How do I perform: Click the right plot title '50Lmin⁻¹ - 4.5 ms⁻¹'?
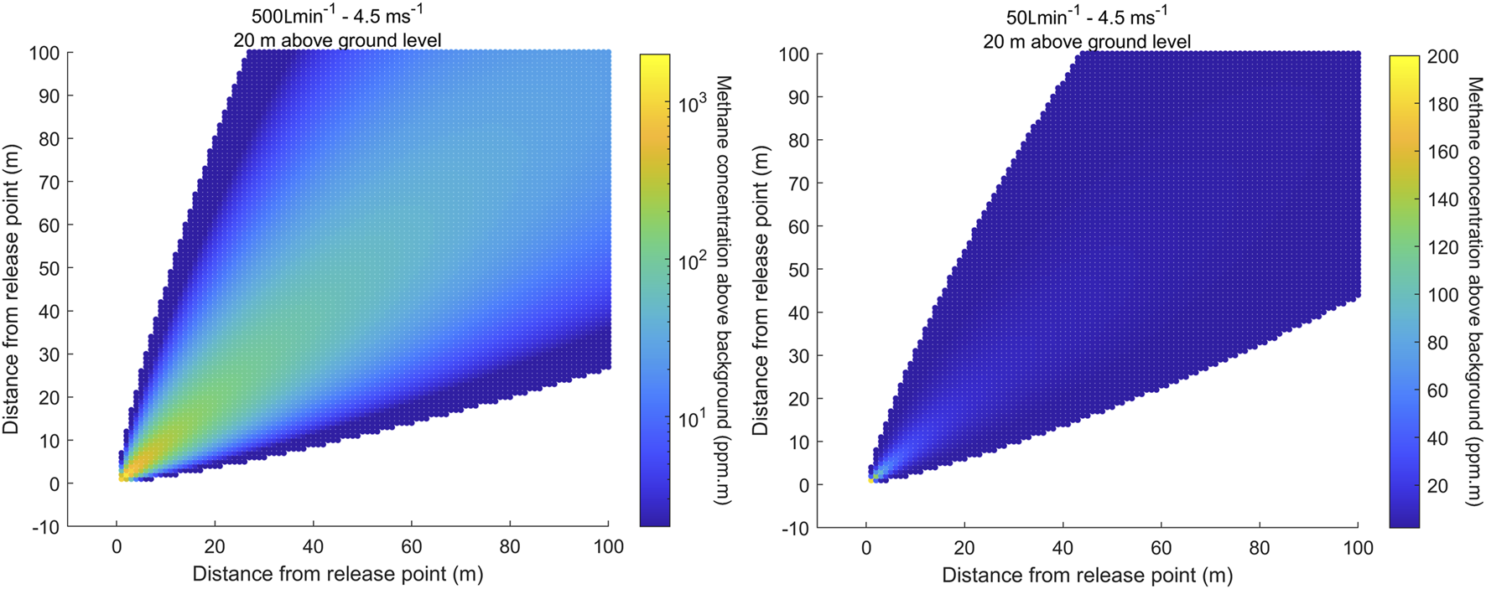coord(1087,17)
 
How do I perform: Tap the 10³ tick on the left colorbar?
coord(694,105)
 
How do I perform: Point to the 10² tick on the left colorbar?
coord(694,262)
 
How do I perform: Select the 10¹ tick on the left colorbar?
coord(693,419)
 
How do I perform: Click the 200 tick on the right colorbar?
coord(1442,56)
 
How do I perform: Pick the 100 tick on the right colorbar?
coord(1442,295)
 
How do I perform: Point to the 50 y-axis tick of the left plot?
coord(49,268)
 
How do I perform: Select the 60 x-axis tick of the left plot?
coord(411,547)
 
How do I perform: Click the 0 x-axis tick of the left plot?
coord(117,547)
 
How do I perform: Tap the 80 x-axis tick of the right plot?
coord(1260,548)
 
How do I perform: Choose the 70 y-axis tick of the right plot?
coord(799,183)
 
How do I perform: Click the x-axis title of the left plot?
coord(338,574)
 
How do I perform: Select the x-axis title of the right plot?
coord(1087,575)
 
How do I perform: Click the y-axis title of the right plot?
coord(760,290)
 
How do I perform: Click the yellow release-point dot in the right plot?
coord(871,480)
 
